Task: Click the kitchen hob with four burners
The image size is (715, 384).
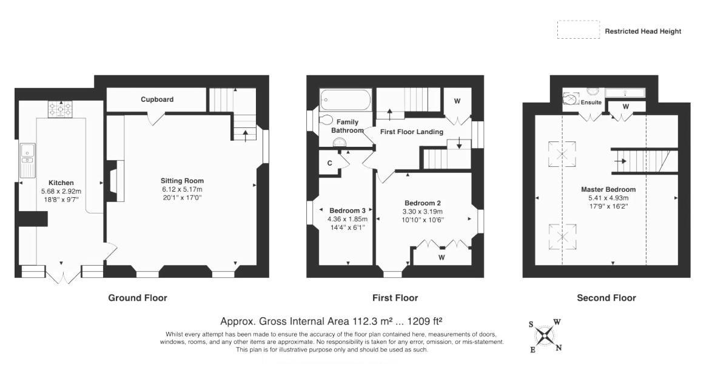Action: (60, 109)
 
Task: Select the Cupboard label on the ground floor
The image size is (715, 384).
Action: (157, 99)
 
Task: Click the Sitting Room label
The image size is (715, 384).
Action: (182, 181)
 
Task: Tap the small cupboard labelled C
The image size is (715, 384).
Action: (330, 163)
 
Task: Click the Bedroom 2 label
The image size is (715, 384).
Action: (423, 203)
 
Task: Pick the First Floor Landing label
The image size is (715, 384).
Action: (411, 132)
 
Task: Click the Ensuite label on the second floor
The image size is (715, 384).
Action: (591, 103)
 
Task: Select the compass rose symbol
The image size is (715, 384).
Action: (545, 335)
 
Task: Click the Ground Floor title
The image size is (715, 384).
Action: (137, 298)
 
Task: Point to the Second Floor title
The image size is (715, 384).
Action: (606, 298)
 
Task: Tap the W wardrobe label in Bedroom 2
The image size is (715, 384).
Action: (442, 257)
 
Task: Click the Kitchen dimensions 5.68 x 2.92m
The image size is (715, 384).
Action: (61, 191)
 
